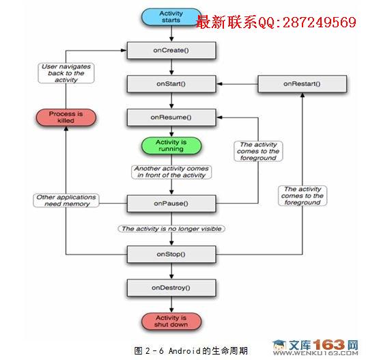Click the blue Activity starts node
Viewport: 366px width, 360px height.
(171, 17)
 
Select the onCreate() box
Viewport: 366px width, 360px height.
(171, 51)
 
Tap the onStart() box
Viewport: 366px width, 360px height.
(171, 84)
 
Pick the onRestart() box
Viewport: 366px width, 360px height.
(302, 84)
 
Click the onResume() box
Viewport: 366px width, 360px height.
(171, 117)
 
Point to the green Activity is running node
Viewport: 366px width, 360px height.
(171, 146)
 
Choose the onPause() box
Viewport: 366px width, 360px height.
(171, 204)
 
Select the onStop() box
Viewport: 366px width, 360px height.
(171, 254)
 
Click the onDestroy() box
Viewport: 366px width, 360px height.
(171, 288)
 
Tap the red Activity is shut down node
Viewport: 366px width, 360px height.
(171, 321)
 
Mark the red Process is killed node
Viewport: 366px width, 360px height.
(66, 117)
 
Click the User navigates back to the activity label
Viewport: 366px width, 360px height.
(66, 73)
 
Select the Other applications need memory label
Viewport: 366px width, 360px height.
(66, 200)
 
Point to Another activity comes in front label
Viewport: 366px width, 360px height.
(171, 172)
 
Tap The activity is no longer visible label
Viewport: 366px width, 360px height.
(171, 229)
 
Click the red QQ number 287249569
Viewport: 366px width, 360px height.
(320, 23)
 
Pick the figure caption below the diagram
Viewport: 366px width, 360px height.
(191, 350)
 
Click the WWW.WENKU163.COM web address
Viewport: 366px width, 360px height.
(315, 353)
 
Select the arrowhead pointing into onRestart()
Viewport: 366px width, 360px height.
(302, 95)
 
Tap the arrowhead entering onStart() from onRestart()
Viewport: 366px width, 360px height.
(219, 84)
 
